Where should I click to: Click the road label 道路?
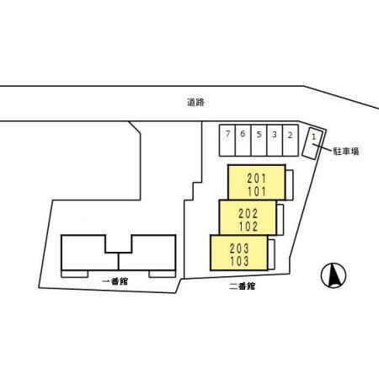[195, 102]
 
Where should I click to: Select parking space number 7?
[227, 141]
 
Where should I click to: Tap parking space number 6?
[243, 141]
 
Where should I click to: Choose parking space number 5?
[259, 141]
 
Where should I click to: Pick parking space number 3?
[275, 141]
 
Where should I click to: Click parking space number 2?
[291, 141]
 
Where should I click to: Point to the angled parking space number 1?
[314, 143]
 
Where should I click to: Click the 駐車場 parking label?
[346, 152]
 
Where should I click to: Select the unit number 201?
[257, 178]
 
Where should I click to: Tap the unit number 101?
[257, 191]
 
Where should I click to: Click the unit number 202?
[248, 214]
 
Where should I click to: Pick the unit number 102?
[248, 227]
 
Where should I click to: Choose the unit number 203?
[239, 248]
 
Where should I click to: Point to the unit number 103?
[239, 261]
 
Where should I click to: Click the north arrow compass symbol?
[334, 275]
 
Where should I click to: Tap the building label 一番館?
[115, 281]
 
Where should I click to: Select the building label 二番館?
[242, 286]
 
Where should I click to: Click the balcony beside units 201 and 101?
[290, 185]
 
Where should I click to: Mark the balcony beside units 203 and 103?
[271, 254]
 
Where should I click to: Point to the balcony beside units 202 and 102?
[280, 220]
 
